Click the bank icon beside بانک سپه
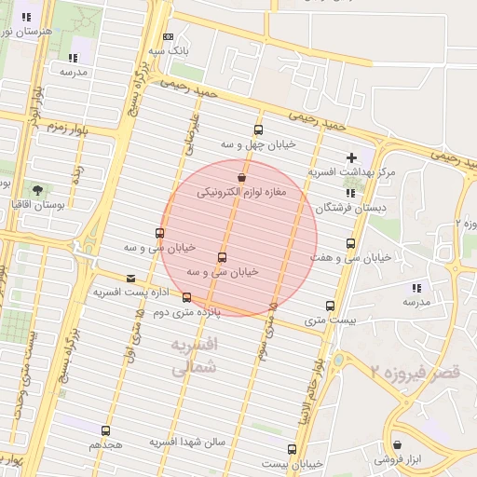pos(168,37)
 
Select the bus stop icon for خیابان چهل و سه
pos(258,130)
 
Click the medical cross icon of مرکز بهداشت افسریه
pos(351,158)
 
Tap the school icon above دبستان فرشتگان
pos(350,193)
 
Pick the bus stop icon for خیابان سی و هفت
pos(350,243)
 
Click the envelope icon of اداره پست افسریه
pos(129,278)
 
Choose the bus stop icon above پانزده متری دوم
pos(187,298)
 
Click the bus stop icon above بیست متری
pos(330,306)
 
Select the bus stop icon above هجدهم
pos(105,431)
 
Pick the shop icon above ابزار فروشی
pos(398,445)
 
